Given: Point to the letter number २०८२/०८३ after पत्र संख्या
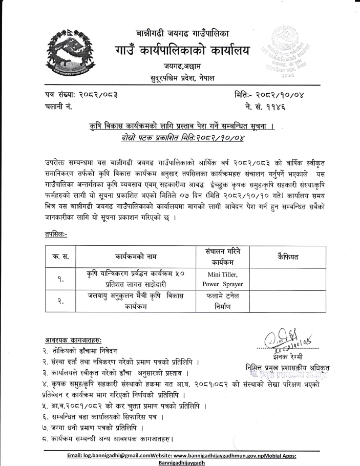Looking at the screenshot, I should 102,95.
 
